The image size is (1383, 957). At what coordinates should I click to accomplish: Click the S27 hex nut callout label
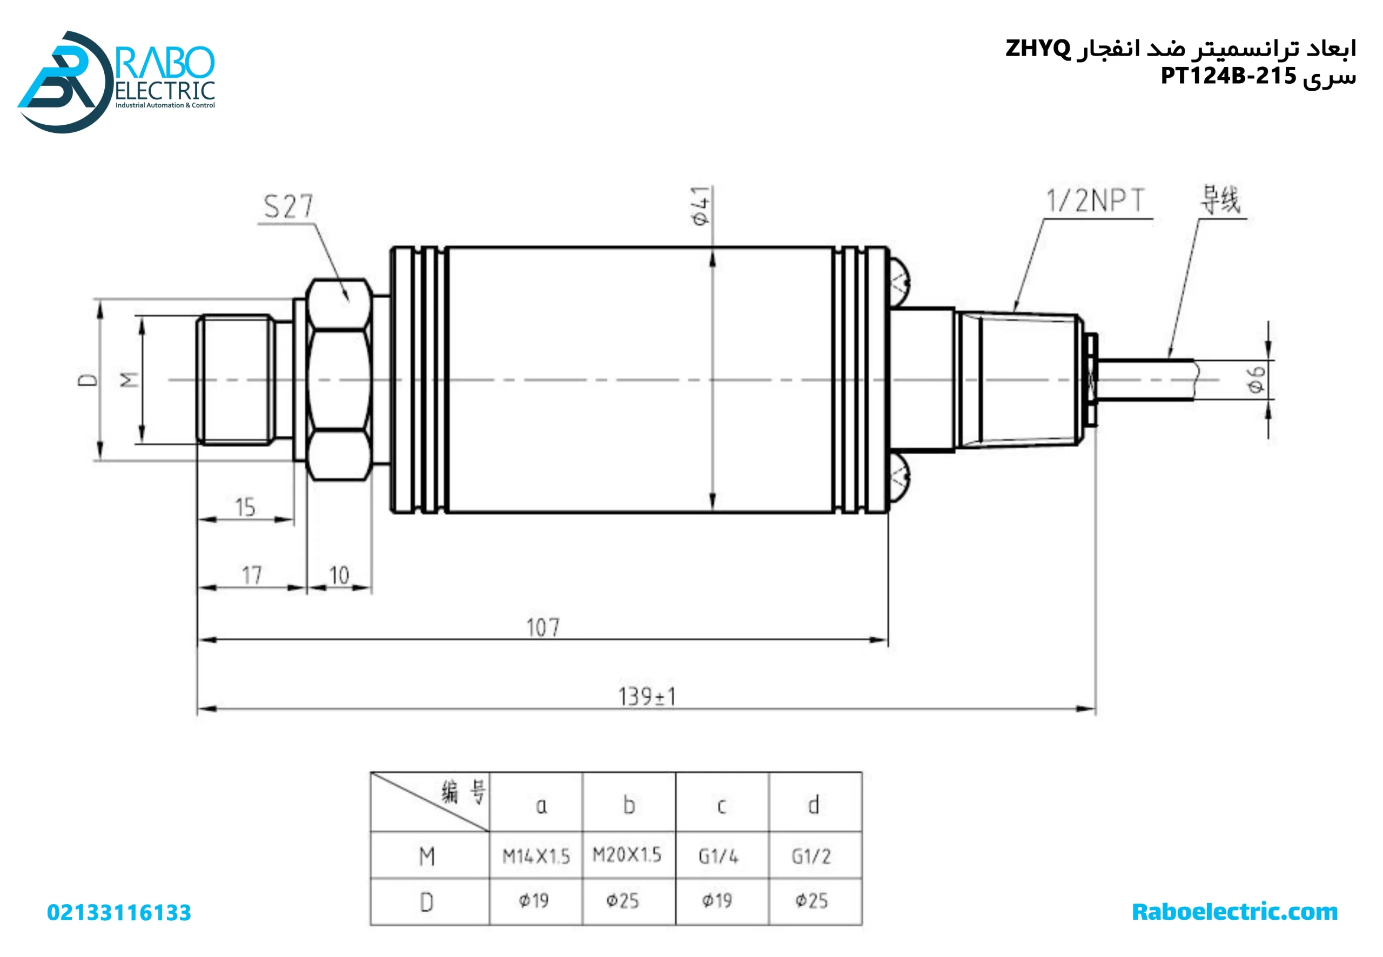[288, 206]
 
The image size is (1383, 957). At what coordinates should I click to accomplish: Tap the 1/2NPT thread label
[1095, 200]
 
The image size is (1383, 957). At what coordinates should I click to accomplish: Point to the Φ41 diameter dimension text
[701, 206]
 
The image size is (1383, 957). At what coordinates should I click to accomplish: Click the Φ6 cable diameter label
[1256, 379]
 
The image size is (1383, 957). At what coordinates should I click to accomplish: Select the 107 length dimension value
[543, 628]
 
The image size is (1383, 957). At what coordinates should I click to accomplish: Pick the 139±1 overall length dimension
[647, 697]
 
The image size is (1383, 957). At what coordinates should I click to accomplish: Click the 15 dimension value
[245, 507]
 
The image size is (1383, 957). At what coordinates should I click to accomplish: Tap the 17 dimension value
[252, 576]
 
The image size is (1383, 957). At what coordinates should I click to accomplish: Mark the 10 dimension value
[339, 576]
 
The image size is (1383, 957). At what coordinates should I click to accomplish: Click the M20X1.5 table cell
[627, 854]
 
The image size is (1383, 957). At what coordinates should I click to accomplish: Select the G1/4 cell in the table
[719, 856]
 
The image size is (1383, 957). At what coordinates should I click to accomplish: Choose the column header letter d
[813, 805]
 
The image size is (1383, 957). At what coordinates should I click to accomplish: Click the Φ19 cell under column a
[534, 901]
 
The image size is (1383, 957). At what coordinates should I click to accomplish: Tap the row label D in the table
[426, 902]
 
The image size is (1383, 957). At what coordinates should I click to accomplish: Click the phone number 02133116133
[119, 913]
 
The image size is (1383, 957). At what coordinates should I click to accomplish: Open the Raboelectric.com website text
[1234, 912]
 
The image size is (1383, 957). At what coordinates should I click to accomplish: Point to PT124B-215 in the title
[1228, 76]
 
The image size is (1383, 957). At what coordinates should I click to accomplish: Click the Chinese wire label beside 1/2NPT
[1220, 199]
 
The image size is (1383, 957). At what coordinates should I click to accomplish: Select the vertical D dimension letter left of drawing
[88, 380]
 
